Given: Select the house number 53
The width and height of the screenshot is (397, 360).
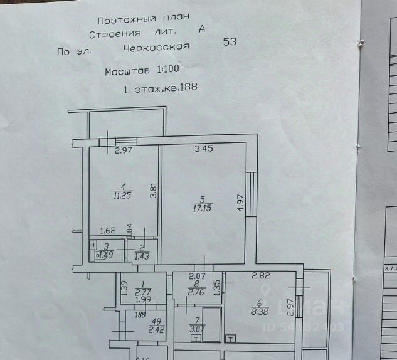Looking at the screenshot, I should tap(230, 42).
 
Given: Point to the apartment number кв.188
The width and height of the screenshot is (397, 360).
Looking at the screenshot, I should tap(181, 87).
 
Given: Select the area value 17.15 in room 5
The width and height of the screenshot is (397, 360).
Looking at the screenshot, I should tap(202, 207).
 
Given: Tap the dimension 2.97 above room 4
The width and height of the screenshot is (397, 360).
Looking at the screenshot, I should tap(124, 149).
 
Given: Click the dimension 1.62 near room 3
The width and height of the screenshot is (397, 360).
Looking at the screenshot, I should tap(109, 230).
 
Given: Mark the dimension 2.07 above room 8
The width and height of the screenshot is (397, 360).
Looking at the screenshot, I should tap(198, 276).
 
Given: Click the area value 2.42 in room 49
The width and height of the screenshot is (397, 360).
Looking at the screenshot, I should tap(156, 328).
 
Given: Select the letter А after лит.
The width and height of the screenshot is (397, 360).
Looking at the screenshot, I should tap(201, 28).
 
